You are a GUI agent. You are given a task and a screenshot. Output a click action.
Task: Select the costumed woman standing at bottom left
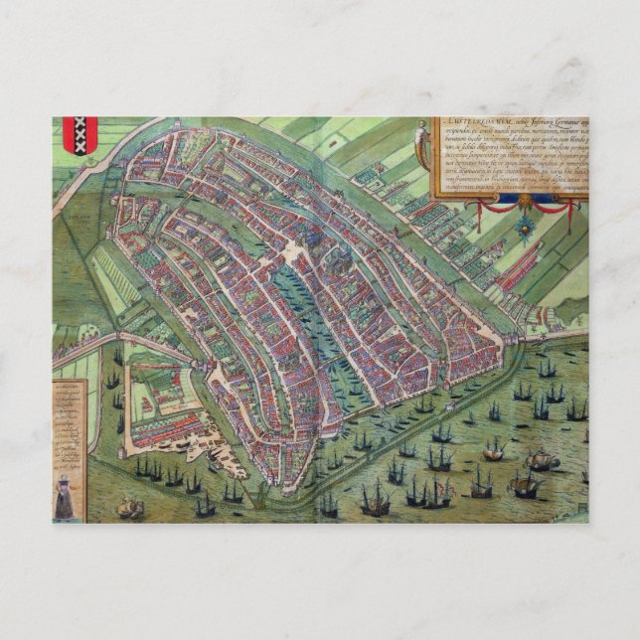[x=65, y=495]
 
